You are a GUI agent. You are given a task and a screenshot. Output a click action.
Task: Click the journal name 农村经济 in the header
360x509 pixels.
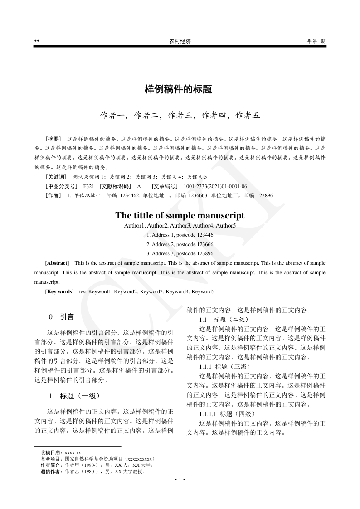pos(180,41)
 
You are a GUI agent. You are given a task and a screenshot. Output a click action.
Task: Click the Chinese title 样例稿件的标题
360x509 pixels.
pos(178,89)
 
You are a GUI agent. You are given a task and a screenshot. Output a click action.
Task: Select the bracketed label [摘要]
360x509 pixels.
pos(53,139)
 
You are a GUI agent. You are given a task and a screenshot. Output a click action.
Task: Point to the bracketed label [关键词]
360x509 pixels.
pos(56,176)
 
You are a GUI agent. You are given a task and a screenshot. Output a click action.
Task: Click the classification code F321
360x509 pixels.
pos(89,186)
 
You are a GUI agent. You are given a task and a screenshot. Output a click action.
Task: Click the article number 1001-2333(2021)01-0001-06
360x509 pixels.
pos(215,186)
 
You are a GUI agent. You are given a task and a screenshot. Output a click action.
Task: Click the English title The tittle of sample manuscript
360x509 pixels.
pos(180,215)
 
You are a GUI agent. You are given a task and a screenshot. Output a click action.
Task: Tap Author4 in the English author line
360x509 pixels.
pos(203,225)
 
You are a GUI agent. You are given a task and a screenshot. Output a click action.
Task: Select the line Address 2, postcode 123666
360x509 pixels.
pos(180,244)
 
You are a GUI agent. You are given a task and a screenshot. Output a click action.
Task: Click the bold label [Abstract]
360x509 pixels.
pos(57,263)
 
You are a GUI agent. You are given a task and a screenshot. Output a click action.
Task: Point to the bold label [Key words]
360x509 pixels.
pos(59,291)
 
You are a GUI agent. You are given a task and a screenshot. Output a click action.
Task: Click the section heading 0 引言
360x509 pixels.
pos(61,316)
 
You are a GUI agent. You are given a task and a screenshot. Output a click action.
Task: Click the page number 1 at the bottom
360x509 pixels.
pos(180,480)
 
